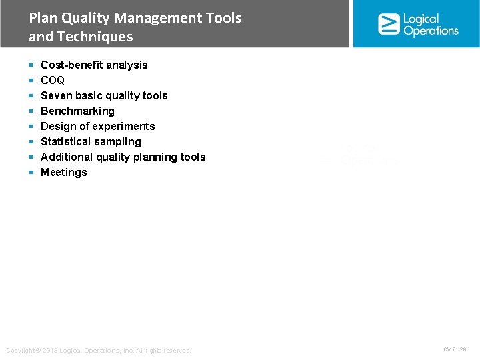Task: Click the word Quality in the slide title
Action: [81, 18]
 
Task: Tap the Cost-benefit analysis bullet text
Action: [94, 65]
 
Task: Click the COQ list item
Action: [53, 80]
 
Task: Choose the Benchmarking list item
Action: [77, 111]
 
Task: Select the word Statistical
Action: [65, 141]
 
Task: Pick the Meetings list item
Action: [64, 172]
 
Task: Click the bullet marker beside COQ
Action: [31, 81]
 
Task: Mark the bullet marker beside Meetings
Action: [31, 173]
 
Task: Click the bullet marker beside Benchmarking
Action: [31, 111]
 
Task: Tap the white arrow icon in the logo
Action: [388, 24]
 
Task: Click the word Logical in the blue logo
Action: [421, 19]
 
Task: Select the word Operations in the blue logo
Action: [431, 31]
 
